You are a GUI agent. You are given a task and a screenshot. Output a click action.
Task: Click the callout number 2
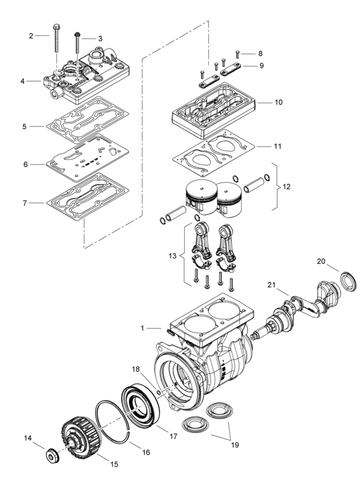[31, 36]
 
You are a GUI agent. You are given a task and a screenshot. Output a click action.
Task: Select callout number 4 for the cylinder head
[22, 81]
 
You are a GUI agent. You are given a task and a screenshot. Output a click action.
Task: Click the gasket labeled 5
[90, 123]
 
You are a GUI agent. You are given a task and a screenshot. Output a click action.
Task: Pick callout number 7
[25, 203]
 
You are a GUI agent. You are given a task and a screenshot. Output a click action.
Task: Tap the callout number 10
[278, 103]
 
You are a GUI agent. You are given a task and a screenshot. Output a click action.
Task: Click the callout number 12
[286, 187]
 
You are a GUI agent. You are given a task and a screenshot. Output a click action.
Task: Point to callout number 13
[173, 256]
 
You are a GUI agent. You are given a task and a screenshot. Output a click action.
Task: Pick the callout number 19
[235, 445]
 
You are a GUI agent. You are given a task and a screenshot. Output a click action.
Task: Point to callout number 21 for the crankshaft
[271, 284]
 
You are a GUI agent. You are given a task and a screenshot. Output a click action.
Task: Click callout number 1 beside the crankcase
[142, 328]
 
